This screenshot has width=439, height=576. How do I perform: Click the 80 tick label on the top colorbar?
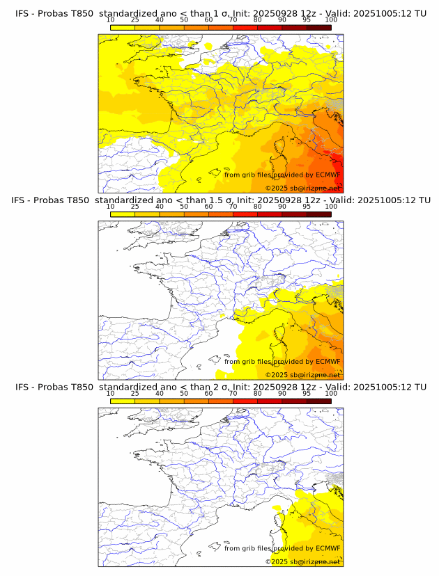pyautogui.click(x=258, y=19)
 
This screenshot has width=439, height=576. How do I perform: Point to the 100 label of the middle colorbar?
pyautogui.click(x=331, y=207)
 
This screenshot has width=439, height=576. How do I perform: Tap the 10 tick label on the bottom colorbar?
pyautogui.click(x=110, y=393)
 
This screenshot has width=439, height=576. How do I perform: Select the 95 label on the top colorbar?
pyautogui.click(x=307, y=19)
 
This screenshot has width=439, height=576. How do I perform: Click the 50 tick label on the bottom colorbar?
pyautogui.click(x=184, y=393)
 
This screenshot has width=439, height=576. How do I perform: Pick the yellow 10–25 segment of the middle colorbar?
pyautogui.click(x=123, y=214)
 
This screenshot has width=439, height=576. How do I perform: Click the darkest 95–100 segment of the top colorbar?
pyautogui.click(x=318, y=27)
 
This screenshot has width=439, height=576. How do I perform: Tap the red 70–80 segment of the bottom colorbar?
pyautogui.click(x=245, y=401)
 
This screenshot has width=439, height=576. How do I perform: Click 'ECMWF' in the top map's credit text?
pyautogui.click(x=328, y=175)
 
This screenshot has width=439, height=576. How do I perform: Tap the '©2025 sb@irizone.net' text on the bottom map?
pyautogui.click(x=302, y=561)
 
